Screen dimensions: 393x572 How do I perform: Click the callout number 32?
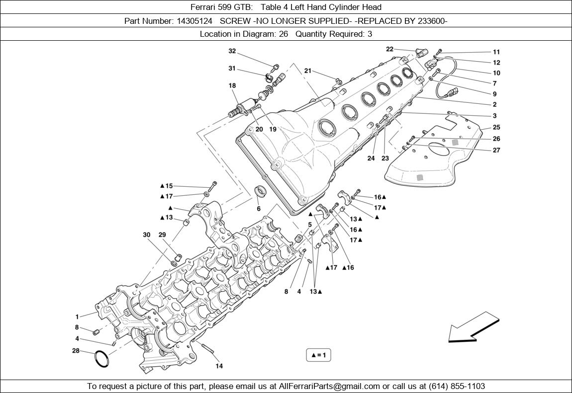(232, 51)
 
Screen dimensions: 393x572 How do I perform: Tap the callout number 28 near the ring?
(76, 351)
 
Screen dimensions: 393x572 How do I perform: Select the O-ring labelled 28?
(101, 359)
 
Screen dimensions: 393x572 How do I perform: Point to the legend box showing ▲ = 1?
(318, 355)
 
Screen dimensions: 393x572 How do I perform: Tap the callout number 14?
(219, 366)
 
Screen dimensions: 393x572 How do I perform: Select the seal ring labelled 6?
(260, 192)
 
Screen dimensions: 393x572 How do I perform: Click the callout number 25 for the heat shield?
(496, 128)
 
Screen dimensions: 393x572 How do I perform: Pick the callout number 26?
(496, 139)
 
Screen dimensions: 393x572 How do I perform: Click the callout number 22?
(389, 49)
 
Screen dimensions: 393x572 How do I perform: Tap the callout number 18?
(232, 86)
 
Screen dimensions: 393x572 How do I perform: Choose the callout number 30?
(146, 235)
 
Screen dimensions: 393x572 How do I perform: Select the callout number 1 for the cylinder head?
(77, 317)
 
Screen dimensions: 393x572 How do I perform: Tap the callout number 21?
(307, 71)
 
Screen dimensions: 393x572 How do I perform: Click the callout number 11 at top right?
(496, 52)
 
